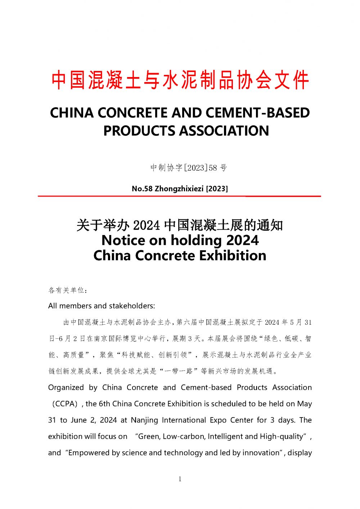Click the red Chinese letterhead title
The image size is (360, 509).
click(x=180, y=80)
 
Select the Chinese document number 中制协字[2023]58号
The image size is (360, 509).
click(x=189, y=168)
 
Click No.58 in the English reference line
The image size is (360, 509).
click(x=142, y=189)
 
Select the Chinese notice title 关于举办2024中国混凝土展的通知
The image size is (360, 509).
click(x=180, y=225)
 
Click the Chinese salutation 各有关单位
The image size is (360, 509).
click(x=67, y=290)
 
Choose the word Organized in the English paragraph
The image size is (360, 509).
click(x=66, y=388)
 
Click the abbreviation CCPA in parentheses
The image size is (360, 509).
click(x=65, y=404)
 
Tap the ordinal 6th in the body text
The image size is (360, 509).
click(x=104, y=404)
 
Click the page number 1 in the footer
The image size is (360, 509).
click(x=180, y=479)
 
